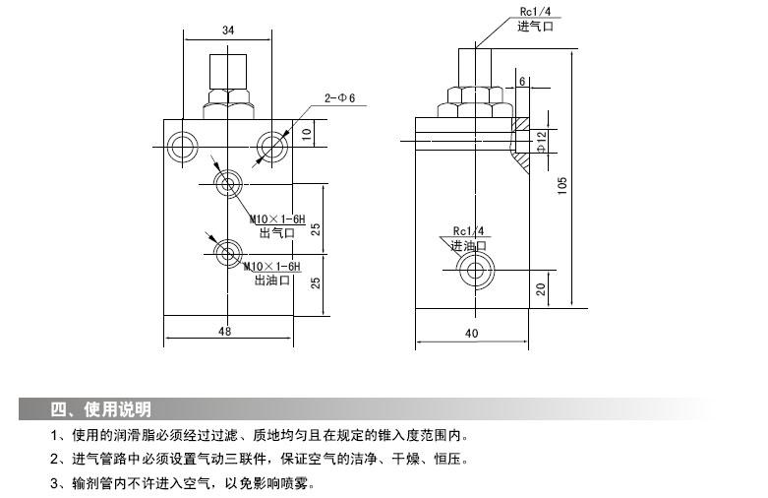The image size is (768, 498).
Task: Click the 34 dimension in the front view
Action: (x=228, y=31)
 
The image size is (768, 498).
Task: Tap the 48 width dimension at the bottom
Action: (x=225, y=332)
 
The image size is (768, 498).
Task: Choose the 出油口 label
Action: (x=273, y=280)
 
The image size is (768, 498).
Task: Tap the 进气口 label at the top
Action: (x=536, y=27)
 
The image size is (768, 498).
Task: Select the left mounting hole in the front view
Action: (x=183, y=147)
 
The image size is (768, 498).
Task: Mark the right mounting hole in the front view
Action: (x=270, y=147)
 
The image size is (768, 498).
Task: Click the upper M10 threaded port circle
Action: (x=229, y=183)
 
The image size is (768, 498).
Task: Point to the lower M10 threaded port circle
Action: (x=229, y=250)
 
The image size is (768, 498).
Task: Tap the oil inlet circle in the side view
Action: (x=479, y=270)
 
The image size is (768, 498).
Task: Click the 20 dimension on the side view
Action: (x=542, y=289)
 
